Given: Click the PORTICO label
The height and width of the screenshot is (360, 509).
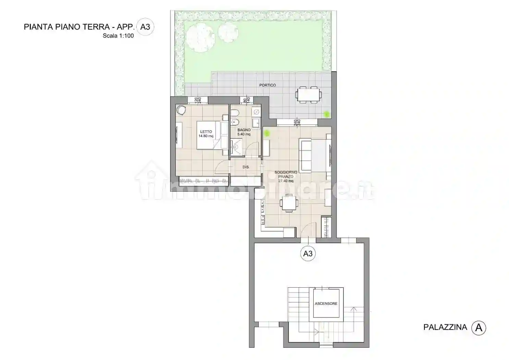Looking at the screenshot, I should click(x=267, y=85).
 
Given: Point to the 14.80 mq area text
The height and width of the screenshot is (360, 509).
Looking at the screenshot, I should click(x=206, y=136).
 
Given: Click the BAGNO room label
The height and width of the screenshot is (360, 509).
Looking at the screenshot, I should click(x=244, y=130).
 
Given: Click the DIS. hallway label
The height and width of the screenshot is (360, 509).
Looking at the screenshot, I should click(x=245, y=167).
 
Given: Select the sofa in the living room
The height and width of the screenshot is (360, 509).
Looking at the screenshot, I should click(x=305, y=155).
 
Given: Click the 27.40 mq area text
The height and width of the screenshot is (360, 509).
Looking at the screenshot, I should click(x=286, y=181).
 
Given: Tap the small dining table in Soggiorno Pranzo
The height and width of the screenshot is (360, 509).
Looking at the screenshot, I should click(x=288, y=204).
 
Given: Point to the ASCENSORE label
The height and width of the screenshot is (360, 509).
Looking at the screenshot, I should click(x=326, y=303).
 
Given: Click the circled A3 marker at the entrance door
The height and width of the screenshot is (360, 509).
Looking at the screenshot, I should click(x=308, y=253).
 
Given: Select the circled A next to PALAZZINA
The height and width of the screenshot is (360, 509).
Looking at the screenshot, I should click(x=478, y=328).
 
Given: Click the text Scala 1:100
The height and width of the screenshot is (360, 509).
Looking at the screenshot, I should click(x=118, y=36).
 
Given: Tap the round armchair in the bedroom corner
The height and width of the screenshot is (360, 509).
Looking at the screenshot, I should click(x=181, y=110).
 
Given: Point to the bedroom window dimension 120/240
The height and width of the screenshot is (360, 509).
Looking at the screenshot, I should click(x=198, y=100).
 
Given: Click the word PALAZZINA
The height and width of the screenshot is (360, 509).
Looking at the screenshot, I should click(x=445, y=327).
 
